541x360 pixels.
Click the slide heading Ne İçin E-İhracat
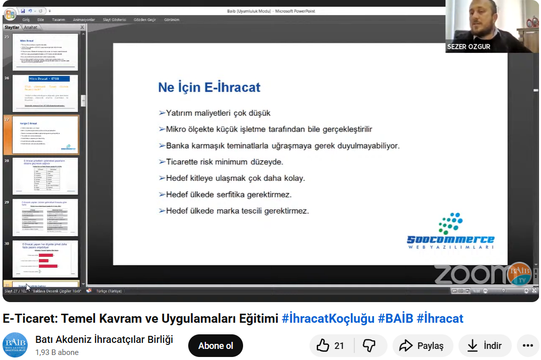(x=209, y=87)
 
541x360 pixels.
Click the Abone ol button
(x=215, y=346)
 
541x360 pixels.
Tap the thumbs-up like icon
(x=323, y=345)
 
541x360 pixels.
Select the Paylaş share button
(x=422, y=346)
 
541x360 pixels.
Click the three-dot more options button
(x=527, y=346)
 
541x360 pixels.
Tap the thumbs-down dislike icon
(x=369, y=345)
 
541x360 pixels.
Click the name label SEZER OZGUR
(x=469, y=47)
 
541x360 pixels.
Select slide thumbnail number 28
(x=45, y=176)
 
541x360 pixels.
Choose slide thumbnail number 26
(x=45, y=93)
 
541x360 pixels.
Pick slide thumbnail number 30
(x=45, y=259)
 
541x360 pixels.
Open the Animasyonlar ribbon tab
(x=84, y=20)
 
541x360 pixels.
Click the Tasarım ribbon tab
(x=58, y=20)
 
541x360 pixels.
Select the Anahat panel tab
(x=31, y=27)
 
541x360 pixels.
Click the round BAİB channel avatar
(x=16, y=345)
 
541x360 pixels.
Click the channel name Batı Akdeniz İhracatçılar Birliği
(x=104, y=339)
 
